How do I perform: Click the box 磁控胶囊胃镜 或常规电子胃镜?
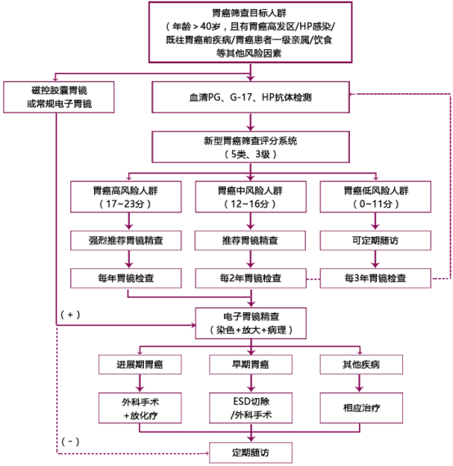pyautogui.click(x=59, y=97)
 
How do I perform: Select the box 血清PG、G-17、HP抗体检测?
pyautogui.click(x=250, y=97)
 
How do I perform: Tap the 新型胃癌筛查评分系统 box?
pyautogui.click(x=250, y=147)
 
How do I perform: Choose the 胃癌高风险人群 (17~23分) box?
pyautogui.click(x=126, y=197)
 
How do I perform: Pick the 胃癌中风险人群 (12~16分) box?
pyautogui.click(x=250, y=197)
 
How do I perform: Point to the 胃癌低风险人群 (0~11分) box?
pyautogui.click(x=375, y=197)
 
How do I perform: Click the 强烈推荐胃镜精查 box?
pyautogui.click(x=126, y=240)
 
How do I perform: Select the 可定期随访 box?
pyautogui.click(x=375, y=240)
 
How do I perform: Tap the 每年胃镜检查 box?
pyautogui.click(x=126, y=278)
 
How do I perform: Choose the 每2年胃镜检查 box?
pyautogui.click(x=250, y=278)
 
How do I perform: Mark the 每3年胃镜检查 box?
pyautogui.click(x=375, y=278)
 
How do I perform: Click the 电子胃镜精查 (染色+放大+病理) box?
pyautogui.click(x=250, y=324)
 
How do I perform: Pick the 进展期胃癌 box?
pyautogui.click(x=140, y=365)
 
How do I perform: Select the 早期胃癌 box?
pyautogui.click(x=250, y=365)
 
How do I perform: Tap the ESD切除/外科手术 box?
pyautogui.click(x=250, y=408)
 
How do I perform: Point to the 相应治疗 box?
pyautogui.click(x=361, y=408)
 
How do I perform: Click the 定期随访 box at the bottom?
pyautogui.click(x=250, y=453)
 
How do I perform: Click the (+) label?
pyautogui.click(x=70, y=315)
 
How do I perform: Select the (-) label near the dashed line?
pyautogui.click(x=70, y=441)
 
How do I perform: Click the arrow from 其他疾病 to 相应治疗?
pyautogui.click(x=360, y=383)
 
